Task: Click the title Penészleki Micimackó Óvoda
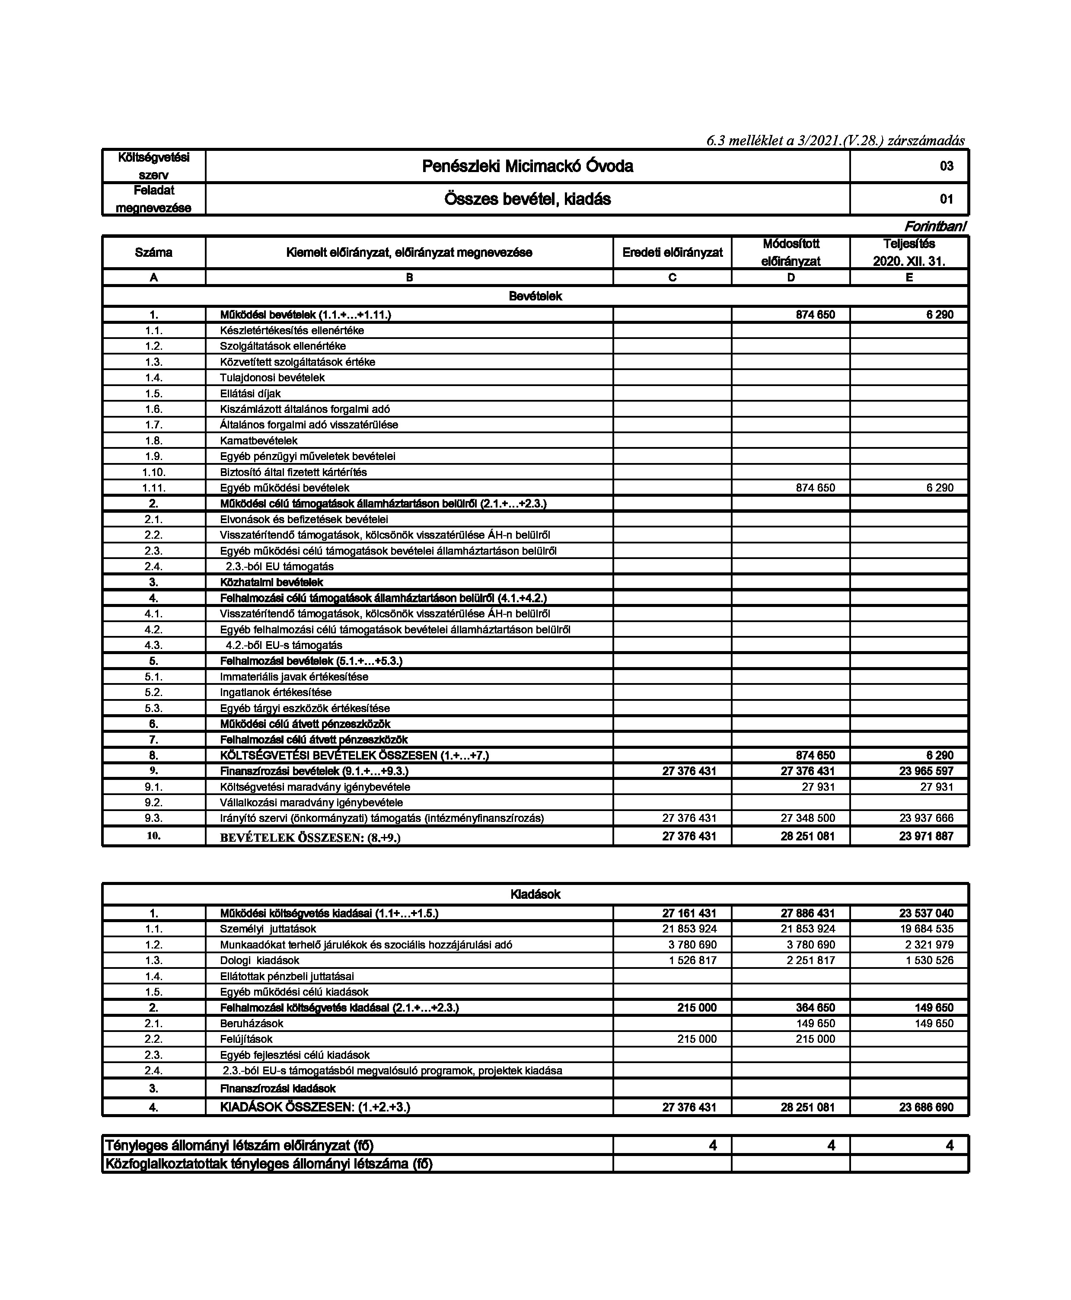[527, 166]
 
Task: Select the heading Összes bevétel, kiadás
[527, 199]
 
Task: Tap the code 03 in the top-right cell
[946, 166]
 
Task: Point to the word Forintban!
[935, 227]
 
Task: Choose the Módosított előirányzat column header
[790, 252]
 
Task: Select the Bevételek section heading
[535, 296]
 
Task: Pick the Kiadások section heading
[535, 894]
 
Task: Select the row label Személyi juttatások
[268, 929]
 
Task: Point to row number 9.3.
[153, 818]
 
